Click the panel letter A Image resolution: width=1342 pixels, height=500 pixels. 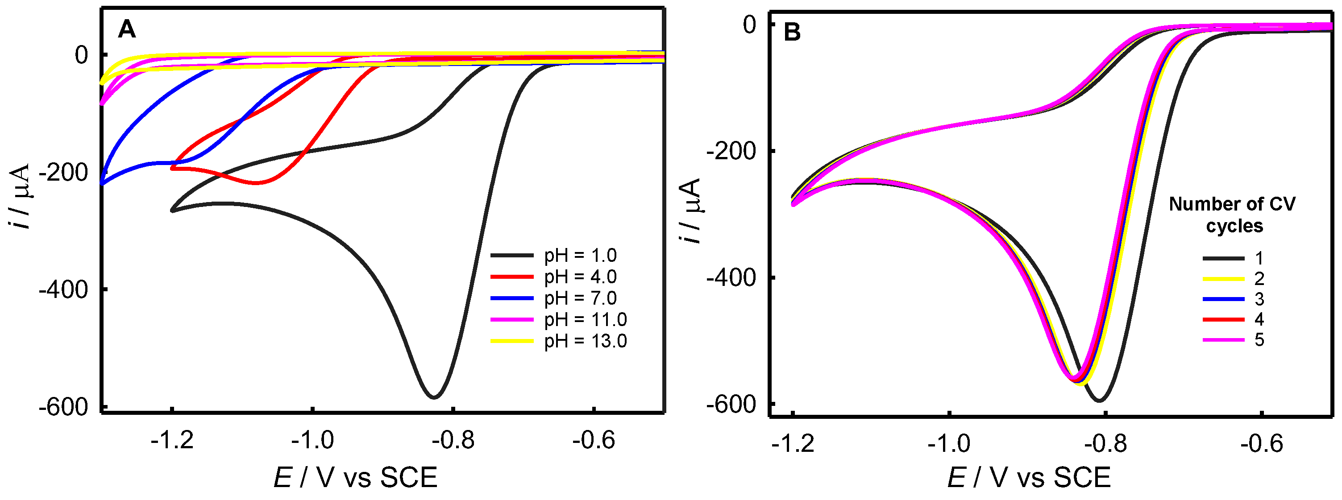[x=127, y=30]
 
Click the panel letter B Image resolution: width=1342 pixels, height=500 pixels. [x=792, y=33]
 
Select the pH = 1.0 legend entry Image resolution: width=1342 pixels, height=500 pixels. [x=580, y=256]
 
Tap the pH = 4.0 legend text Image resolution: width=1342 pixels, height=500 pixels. [x=580, y=277]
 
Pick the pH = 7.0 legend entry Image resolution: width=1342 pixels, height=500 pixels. [x=580, y=298]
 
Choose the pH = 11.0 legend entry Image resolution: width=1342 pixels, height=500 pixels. [x=585, y=320]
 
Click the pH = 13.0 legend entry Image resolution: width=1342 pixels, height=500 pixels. [x=585, y=341]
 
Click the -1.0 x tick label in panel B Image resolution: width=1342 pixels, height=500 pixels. [x=949, y=444]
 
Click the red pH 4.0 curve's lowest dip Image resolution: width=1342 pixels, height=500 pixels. [x=256, y=183]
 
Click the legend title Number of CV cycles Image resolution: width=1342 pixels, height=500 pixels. [x=1232, y=215]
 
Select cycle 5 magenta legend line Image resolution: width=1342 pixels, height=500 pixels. [x=1223, y=340]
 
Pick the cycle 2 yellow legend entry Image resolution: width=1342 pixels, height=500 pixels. [x=1223, y=279]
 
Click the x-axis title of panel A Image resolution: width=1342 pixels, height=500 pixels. [x=355, y=478]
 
